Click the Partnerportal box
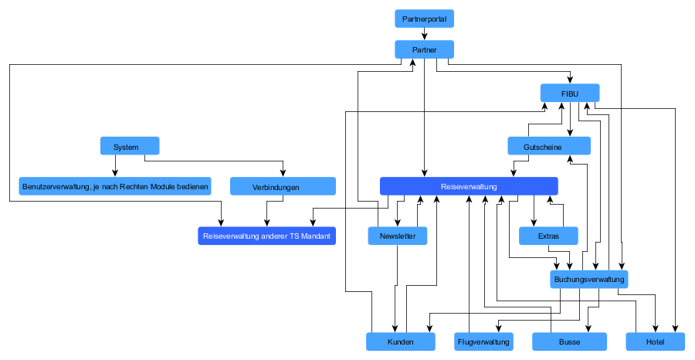pyautogui.click(x=424, y=19)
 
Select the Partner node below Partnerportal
pyautogui.click(x=424, y=49)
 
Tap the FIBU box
pyautogui.click(x=570, y=93)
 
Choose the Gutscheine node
pyautogui.click(x=549, y=146)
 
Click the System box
pyautogui.click(x=130, y=146)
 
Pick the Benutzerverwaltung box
pyautogui.click(x=115, y=186)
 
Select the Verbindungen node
pyautogui.click(x=283, y=186)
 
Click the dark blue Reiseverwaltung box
pyautogui.click(x=469, y=186)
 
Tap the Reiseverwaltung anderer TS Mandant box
pyautogui.click(x=267, y=236)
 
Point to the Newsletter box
pyautogui.click(x=398, y=236)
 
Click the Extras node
pyautogui.click(x=549, y=236)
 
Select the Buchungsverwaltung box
pyautogui.click(x=589, y=280)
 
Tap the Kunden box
pyautogui.click(x=401, y=341)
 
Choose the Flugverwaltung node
pyautogui.click(x=483, y=341)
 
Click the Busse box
pyautogui.click(x=570, y=341)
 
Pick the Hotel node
pyautogui.click(x=656, y=341)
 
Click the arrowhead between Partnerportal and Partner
pyautogui.click(x=424, y=37)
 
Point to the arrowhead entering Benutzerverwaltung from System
pyautogui.click(x=115, y=173)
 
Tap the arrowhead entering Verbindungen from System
pyautogui.click(x=283, y=173)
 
